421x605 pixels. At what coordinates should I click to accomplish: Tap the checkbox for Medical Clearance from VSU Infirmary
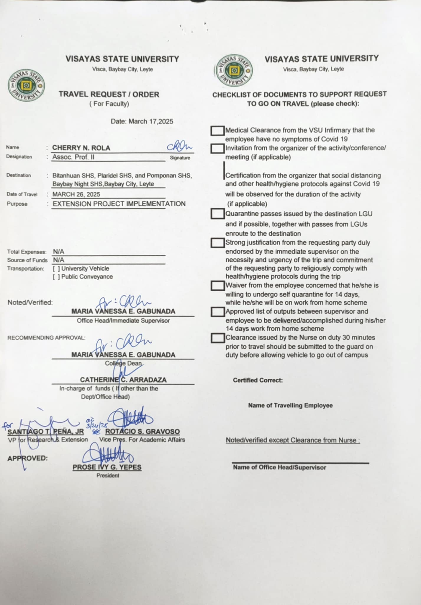[217, 131]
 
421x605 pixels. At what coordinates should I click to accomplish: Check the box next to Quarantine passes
[217, 214]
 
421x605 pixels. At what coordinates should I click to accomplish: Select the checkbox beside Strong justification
[217, 243]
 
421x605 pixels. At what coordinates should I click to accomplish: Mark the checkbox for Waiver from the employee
[217, 286]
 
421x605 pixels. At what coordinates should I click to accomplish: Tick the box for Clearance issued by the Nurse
[217, 338]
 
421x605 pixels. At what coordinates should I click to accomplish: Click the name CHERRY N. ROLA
[81, 148]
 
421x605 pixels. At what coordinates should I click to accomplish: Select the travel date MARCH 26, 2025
[76, 194]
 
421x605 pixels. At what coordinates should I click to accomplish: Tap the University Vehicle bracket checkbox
[56, 269]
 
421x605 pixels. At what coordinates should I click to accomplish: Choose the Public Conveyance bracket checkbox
[56, 277]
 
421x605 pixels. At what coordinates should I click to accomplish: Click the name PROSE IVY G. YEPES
[107, 467]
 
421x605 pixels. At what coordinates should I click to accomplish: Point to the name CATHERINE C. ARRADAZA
[123, 380]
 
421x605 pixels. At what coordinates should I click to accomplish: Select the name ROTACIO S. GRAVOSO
[142, 432]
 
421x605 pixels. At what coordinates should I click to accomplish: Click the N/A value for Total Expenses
[58, 252]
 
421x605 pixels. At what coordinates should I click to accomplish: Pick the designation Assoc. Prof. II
[73, 157]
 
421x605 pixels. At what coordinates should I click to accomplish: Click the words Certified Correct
[258, 380]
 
